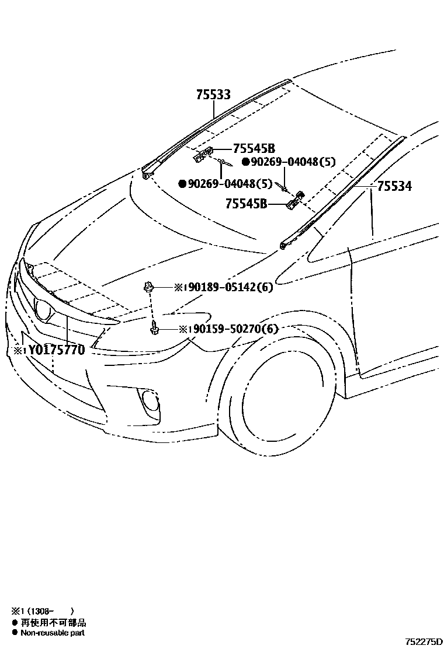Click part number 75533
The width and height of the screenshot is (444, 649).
213,95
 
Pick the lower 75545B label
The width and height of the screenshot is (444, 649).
247,204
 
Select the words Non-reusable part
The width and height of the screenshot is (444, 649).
53,633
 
